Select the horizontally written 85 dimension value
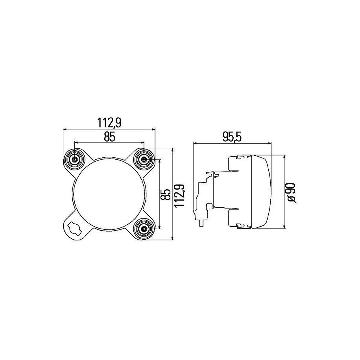point(109,137)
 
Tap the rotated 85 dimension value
point(167,194)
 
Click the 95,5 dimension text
point(232,137)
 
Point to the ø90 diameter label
point(291,193)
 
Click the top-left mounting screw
point(74,159)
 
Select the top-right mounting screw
point(144,159)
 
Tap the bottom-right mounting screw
point(144,229)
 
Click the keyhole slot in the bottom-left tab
point(73,228)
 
